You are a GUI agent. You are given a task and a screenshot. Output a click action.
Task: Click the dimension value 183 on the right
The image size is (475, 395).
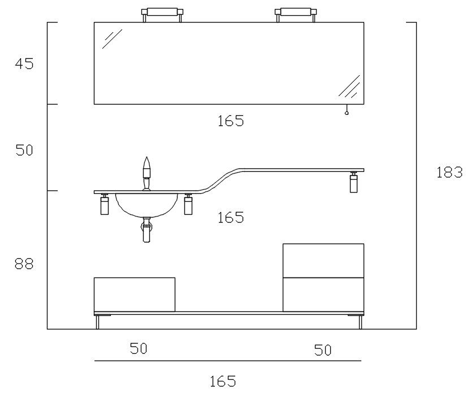click(x=450, y=173)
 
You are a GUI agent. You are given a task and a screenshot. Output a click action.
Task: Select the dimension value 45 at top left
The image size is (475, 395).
click(x=24, y=64)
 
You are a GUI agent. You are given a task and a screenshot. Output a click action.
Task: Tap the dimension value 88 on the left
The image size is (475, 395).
click(x=24, y=264)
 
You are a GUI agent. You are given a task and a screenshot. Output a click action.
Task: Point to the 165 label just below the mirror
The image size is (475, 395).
click(x=231, y=121)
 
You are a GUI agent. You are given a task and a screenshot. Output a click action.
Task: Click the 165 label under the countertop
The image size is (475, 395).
click(x=231, y=218)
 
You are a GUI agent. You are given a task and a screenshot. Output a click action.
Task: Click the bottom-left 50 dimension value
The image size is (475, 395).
click(x=139, y=349)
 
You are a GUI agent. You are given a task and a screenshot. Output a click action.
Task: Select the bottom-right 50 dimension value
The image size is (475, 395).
click(x=323, y=350)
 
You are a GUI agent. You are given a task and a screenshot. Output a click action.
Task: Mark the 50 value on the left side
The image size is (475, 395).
click(x=24, y=151)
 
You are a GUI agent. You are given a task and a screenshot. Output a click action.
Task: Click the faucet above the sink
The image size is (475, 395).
click(x=147, y=173)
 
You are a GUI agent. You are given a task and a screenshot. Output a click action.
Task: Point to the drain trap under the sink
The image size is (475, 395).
click(x=147, y=231)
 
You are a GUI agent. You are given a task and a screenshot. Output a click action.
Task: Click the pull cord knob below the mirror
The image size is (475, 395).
click(x=347, y=113)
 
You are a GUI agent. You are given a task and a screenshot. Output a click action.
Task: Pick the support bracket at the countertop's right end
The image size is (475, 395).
click(x=354, y=183)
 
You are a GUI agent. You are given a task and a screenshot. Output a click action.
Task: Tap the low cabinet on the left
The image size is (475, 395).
click(x=135, y=294)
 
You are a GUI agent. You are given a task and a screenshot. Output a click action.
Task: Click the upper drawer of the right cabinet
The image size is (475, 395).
click(x=323, y=261)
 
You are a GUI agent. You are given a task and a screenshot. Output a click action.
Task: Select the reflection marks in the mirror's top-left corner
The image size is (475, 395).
click(x=112, y=38)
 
